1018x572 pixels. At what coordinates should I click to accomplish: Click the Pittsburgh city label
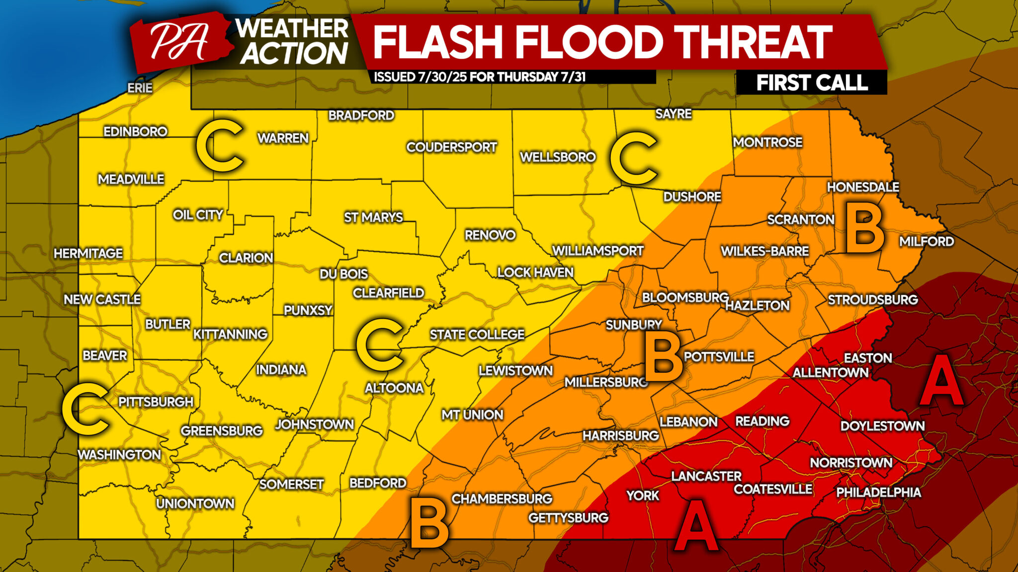(x=156, y=402)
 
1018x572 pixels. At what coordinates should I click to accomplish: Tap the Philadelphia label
(x=878, y=492)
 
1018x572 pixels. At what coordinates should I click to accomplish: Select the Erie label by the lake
(x=140, y=88)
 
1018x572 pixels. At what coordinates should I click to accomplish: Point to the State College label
(x=477, y=335)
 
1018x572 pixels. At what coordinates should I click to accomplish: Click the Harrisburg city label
(x=620, y=435)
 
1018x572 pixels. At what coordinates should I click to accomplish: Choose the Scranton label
(x=800, y=219)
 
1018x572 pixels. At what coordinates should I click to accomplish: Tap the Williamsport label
(x=597, y=251)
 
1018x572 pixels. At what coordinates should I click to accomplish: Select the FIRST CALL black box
(x=811, y=82)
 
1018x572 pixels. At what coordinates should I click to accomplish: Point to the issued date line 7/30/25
(x=479, y=77)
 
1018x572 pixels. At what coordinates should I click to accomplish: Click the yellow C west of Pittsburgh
(x=85, y=409)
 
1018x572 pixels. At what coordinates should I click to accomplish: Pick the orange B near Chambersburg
(x=429, y=523)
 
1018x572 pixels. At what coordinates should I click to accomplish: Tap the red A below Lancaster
(x=696, y=525)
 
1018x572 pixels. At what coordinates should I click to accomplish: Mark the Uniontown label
(x=195, y=503)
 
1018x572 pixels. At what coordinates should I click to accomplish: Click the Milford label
(x=926, y=241)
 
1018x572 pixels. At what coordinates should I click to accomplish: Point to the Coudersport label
(x=451, y=147)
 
